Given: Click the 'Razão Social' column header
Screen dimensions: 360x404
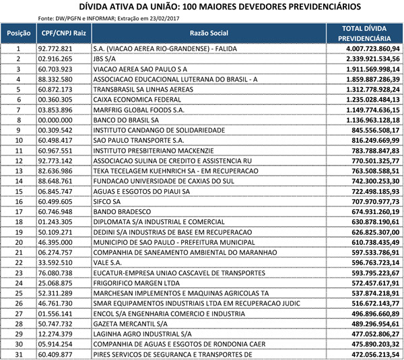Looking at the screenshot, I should point(209,33).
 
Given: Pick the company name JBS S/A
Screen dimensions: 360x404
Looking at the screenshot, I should point(106,59).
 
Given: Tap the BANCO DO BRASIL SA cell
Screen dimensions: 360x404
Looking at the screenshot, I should point(129,120).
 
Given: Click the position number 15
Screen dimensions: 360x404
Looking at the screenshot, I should point(19,192).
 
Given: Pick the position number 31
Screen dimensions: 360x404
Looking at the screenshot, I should point(19,353).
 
